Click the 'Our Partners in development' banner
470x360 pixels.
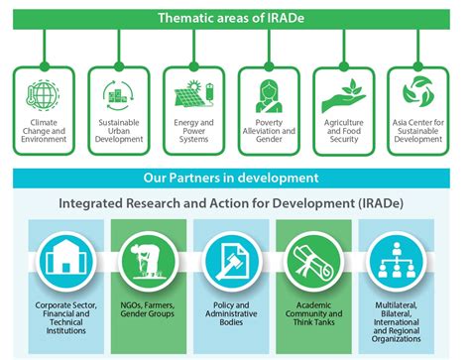[x=235, y=179]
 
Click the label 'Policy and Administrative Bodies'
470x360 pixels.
[x=235, y=315]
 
